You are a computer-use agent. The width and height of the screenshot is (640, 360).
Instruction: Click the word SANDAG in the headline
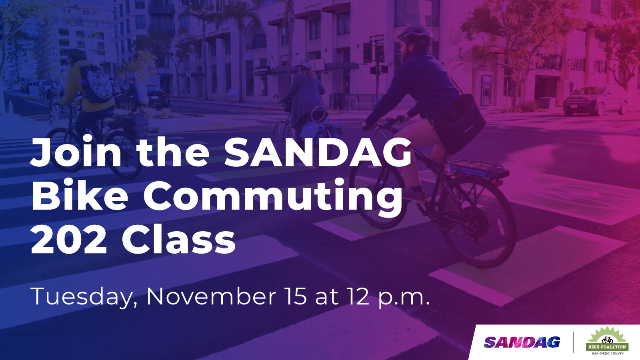coord(318,152)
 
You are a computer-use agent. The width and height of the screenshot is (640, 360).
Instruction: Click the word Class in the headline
coord(178,240)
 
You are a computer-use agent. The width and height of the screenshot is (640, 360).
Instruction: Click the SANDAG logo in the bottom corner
coord(522,342)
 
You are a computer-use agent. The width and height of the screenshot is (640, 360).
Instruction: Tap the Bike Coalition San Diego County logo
coord(607,341)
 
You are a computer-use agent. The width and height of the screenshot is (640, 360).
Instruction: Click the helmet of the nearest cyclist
coord(415,36)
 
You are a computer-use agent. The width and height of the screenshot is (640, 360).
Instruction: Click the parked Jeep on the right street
coord(595,100)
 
